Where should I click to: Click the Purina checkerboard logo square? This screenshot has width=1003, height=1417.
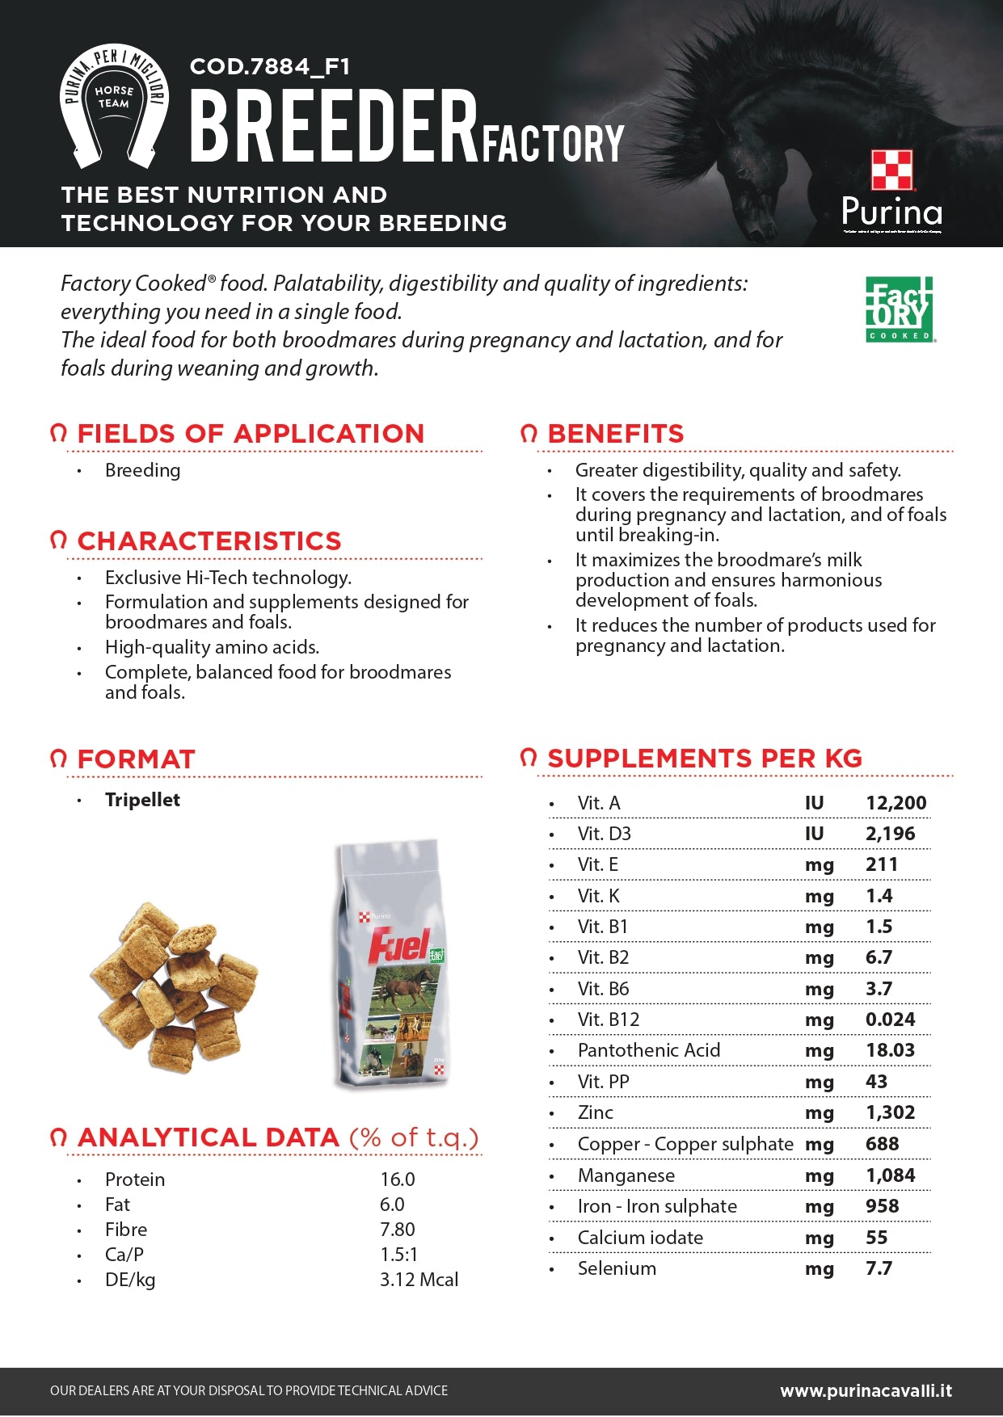tap(892, 170)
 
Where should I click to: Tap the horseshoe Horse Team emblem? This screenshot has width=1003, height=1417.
tap(114, 106)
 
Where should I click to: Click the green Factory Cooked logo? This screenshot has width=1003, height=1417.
tap(900, 309)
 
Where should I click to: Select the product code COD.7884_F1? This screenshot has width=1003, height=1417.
tap(270, 66)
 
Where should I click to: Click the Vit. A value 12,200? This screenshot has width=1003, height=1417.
tap(896, 803)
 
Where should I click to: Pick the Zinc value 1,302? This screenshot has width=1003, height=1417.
tap(890, 1112)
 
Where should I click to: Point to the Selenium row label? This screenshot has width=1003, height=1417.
tap(617, 1268)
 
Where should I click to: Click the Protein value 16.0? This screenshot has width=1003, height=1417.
tap(397, 1179)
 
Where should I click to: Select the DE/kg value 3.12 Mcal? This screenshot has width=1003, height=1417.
tap(419, 1280)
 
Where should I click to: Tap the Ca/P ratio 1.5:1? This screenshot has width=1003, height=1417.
tap(398, 1255)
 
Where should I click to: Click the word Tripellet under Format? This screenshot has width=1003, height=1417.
tap(142, 800)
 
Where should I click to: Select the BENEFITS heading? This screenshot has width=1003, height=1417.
tap(615, 434)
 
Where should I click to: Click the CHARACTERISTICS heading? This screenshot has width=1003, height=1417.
tap(209, 541)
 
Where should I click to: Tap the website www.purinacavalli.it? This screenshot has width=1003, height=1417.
tap(866, 1390)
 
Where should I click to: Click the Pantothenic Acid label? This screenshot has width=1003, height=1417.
tap(648, 1050)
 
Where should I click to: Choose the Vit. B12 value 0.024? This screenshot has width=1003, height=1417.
tap(890, 1020)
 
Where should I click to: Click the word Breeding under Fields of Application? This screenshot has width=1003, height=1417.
tap(142, 470)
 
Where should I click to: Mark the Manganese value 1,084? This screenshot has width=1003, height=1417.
tap(890, 1175)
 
